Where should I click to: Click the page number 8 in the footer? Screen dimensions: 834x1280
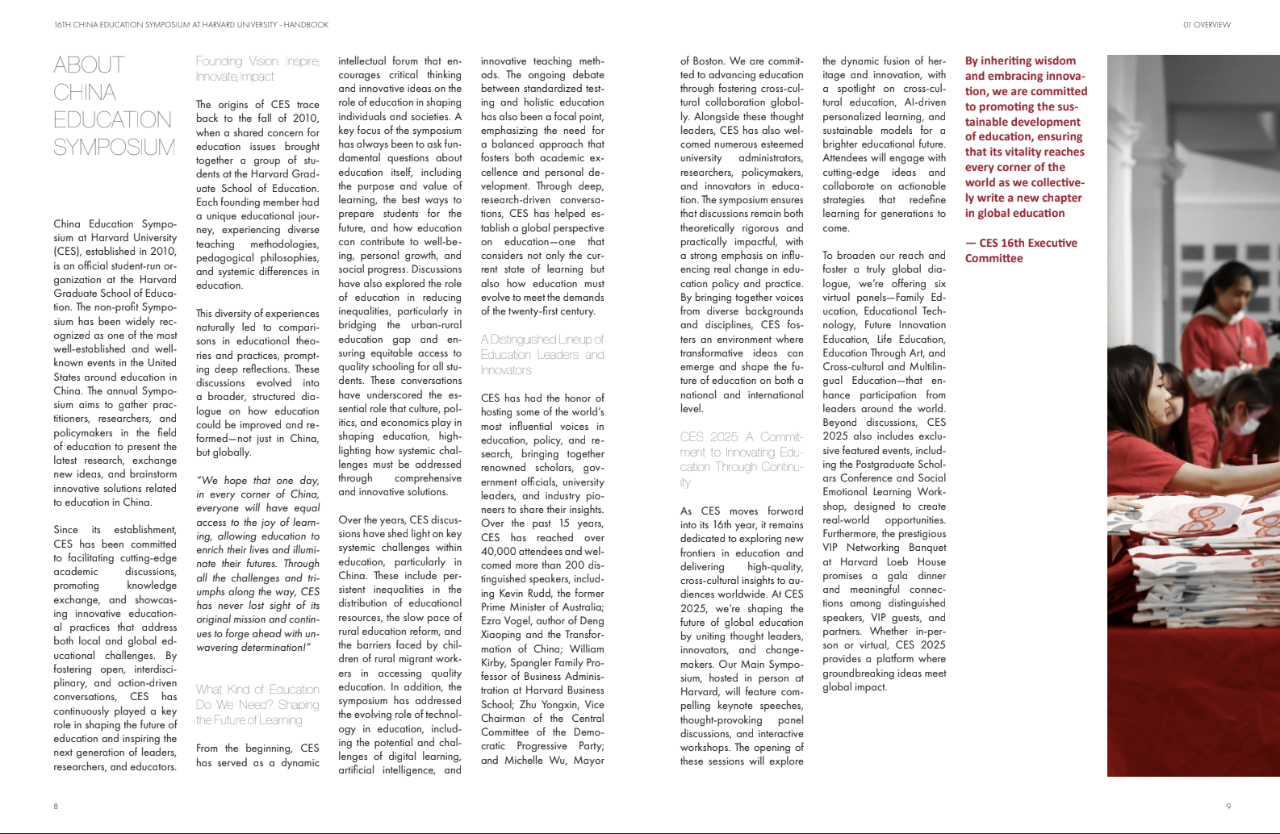click(x=56, y=806)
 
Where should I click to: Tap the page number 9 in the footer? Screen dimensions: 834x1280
click(x=1228, y=806)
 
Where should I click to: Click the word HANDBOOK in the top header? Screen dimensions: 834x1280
click(x=306, y=25)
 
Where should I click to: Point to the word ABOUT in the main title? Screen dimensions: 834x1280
click(x=89, y=65)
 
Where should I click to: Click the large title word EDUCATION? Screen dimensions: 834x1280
click(x=112, y=120)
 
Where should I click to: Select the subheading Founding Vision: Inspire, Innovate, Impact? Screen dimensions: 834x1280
click(x=257, y=69)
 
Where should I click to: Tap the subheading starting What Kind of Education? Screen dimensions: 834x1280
click(x=257, y=704)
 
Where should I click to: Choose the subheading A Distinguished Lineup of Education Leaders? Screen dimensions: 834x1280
click(x=542, y=355)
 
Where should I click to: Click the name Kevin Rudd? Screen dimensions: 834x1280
click(x=528, y=594)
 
